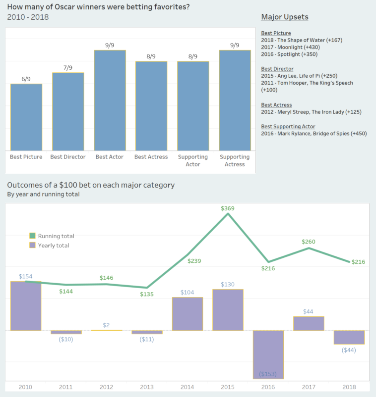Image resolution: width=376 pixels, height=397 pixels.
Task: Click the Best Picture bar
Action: tap(26, 117)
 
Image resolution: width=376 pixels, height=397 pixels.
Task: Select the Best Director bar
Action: tap(68, 111)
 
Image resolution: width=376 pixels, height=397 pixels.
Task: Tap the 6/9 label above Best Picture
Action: tap(26, 79)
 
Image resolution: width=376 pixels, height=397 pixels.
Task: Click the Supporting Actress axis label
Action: tap(235, 160)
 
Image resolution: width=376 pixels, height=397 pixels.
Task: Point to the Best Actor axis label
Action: tap(109, 157)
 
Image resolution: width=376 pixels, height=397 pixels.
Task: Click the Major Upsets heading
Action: tap(284, 17)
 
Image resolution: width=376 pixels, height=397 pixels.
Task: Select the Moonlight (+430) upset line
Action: tap(291, 47)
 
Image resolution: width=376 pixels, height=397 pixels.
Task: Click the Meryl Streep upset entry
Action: tap(311, 112)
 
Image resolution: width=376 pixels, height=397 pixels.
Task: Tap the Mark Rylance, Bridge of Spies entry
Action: tap(313, 134)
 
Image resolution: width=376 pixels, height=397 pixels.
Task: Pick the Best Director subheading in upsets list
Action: tap(277, 69)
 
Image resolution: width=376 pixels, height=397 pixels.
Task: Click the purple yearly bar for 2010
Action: tap(26, 306)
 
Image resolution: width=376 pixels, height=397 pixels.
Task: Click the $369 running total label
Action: tap(228, 208)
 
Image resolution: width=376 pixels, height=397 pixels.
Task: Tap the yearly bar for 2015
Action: tap(228, 310)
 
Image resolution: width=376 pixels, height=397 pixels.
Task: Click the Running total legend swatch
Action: tap(33, 236)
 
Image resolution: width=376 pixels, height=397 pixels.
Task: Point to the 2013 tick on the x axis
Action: tap(147, 387)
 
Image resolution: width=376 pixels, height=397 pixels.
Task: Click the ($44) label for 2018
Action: tap(349, 350)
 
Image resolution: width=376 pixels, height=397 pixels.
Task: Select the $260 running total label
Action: tap(309, 242)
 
